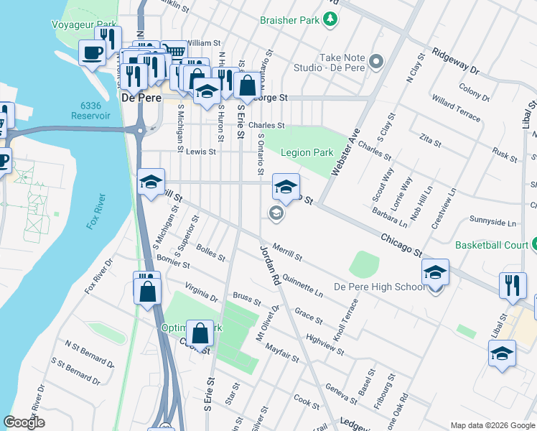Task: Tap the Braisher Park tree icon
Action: click(x=330, y=20)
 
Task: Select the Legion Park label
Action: click(x=307, y=152)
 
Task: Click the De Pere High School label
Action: click(x=380, y=287)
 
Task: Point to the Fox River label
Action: click(x=96, y=211)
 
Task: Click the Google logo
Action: click(x=24, y=422)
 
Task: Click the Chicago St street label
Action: click(x=401, y=244)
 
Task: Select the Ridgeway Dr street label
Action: click(x=455, y=62)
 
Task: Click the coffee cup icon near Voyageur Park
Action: click(x=92, y=52)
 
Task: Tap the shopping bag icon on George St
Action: click(x=246, y=84)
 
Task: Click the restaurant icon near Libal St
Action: click(x=513, y=285)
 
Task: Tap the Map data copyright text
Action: click(x=492, y=425)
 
